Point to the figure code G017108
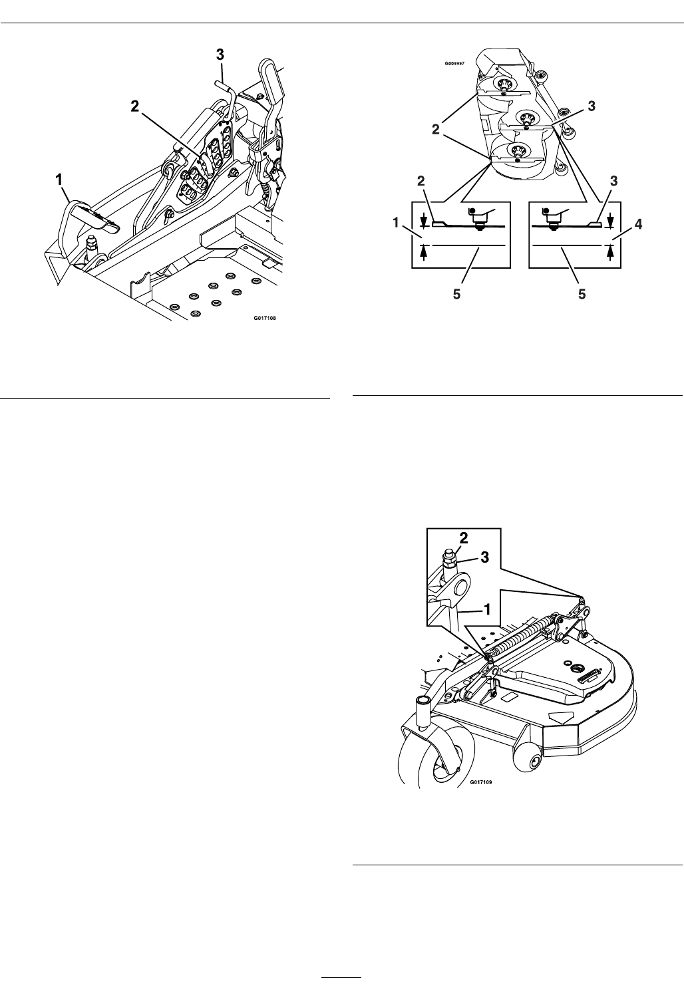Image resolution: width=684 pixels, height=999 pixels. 264,318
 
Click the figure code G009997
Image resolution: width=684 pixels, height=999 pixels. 454,65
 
